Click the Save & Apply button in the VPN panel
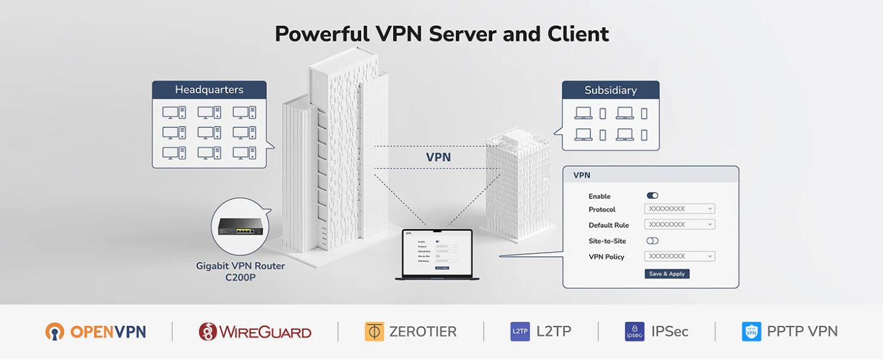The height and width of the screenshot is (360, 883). [x=667, y=274]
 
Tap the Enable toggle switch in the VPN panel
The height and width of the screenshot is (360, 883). [x=652, y=196]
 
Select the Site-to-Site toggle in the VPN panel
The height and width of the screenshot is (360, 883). [x=652, y=241]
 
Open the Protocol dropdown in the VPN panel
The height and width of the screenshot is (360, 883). [x=679, y=209]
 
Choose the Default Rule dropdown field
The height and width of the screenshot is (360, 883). [x=679, y=225]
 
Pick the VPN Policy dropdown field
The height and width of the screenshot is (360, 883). [x=679, y=256]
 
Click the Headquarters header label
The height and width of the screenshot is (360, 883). [x=209, y=90]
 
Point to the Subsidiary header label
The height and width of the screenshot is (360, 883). [x=610, y=90]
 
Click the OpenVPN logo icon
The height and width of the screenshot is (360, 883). [x=54, y=332]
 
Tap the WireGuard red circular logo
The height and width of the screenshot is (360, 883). [x=208, y=332]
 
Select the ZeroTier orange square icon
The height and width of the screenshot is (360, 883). [x=374, y=332]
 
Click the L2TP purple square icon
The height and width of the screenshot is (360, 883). [x=520, y=332]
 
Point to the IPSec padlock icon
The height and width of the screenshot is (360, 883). [x=634, y=332]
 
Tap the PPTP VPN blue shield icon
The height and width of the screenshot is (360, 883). [x=751, y=332]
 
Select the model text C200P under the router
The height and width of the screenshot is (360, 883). [x=240, y=278]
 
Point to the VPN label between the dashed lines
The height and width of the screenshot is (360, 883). [x=438, y=157]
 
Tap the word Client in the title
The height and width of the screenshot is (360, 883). [x=578, y=34]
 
